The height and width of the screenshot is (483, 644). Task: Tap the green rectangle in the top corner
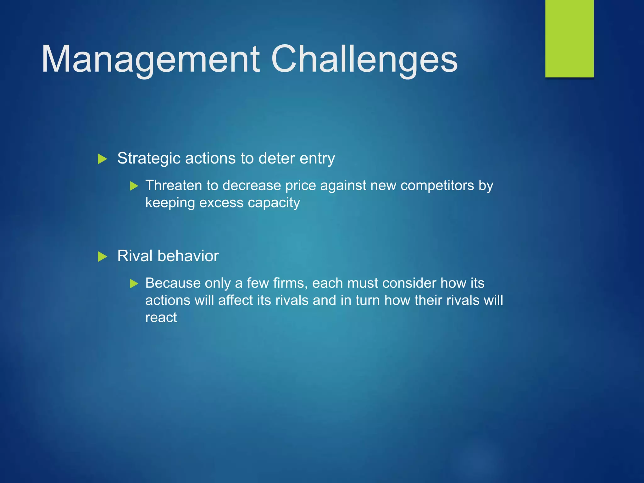569,38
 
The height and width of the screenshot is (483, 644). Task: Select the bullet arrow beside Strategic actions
102,159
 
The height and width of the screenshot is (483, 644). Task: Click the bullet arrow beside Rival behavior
102,257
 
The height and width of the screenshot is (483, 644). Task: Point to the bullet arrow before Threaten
134,186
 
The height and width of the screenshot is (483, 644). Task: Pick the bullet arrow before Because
134,284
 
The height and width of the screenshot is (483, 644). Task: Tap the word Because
173,283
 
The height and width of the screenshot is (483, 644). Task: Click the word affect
236,300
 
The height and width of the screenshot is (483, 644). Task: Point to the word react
161,318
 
